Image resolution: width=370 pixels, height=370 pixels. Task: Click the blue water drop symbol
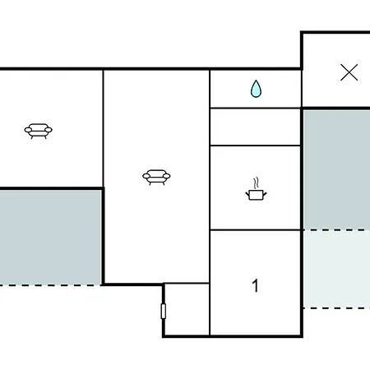tap(256, 89)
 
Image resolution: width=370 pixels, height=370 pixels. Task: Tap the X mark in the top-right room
tap(349, 72)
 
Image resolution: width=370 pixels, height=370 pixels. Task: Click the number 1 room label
tap(255, 285)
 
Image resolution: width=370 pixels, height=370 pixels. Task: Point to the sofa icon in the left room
tap(39, 131)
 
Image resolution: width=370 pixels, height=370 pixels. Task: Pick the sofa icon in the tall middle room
tap(156, 177)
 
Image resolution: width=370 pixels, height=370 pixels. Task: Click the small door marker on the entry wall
tap(164, 311)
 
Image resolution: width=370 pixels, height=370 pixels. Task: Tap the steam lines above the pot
tap(256, 183)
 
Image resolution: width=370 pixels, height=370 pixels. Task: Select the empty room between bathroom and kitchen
tap(255, 127)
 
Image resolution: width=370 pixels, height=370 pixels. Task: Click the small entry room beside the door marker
tap(187, 309)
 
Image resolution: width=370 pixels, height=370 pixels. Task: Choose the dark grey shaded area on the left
tap(50, 238)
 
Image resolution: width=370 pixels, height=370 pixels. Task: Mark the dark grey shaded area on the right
tap(337, 169)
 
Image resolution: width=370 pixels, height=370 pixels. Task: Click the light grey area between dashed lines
tap(337, 269)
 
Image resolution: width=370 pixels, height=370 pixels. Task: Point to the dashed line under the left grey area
tap(51, 285)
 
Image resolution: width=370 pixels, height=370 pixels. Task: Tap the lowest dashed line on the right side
tap(337, 308)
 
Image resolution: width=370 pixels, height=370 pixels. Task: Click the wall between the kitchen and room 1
tap(255, 230)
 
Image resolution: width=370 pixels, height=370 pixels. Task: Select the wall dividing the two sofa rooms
tap(104, 128)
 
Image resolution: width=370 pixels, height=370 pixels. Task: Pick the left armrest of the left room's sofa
tap(28, 130)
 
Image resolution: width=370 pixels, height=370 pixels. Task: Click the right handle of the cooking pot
tap(265, 195)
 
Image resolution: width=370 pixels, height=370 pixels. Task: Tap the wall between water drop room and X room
tap(302, 88)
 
